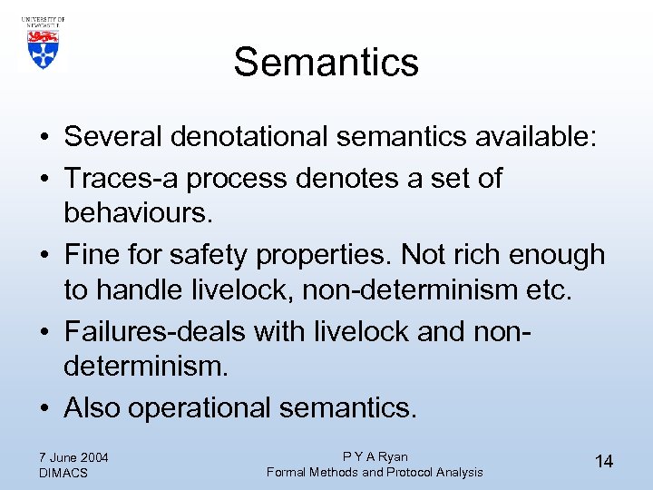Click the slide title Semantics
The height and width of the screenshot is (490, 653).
click(326, 63)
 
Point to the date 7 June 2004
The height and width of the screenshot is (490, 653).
click(73, 456)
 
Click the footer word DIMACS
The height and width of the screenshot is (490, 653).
click(63, 473)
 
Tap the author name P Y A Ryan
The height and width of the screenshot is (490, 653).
click(375, 456)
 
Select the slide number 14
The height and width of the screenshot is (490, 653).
click(604, 462)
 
